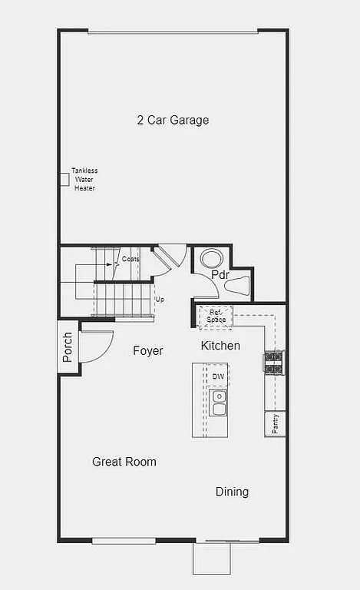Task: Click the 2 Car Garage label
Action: pyautogui.click(x=173, y=120)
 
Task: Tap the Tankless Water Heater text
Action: pyautogui.click(x=84, y=179)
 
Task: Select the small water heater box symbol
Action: pyautogui.click(x=64, y=179)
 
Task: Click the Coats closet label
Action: pyautogui.click(x=130, y=259)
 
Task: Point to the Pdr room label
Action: pyautogui.click(x=220, y=275)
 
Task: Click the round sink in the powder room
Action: pyautogui.click(x=210, y=257)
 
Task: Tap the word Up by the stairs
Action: pyautogui.click(x=160, y=299)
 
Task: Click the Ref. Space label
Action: pyautogui.click(x=215, y=315)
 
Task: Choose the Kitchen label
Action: pyautogui.click(x=220, y=346)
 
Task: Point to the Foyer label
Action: pyautogui.click(x=148, y=351)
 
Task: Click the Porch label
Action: pyautogui.click(x=68, y=346)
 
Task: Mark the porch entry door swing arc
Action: pyautogui.click(x=98, y=346)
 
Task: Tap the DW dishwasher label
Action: pyautogui.click(x=218, y=376)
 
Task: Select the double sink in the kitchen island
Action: pyautogui.click(x=219, y=402)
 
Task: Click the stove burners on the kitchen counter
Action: pyautogui.click(x=274, y=363)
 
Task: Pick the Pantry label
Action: pyautogui.click(x=275, y=423)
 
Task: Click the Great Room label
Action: pyautogui.click(x=124, y=462)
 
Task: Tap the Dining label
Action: pyautogui.click(x=232, y=492)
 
